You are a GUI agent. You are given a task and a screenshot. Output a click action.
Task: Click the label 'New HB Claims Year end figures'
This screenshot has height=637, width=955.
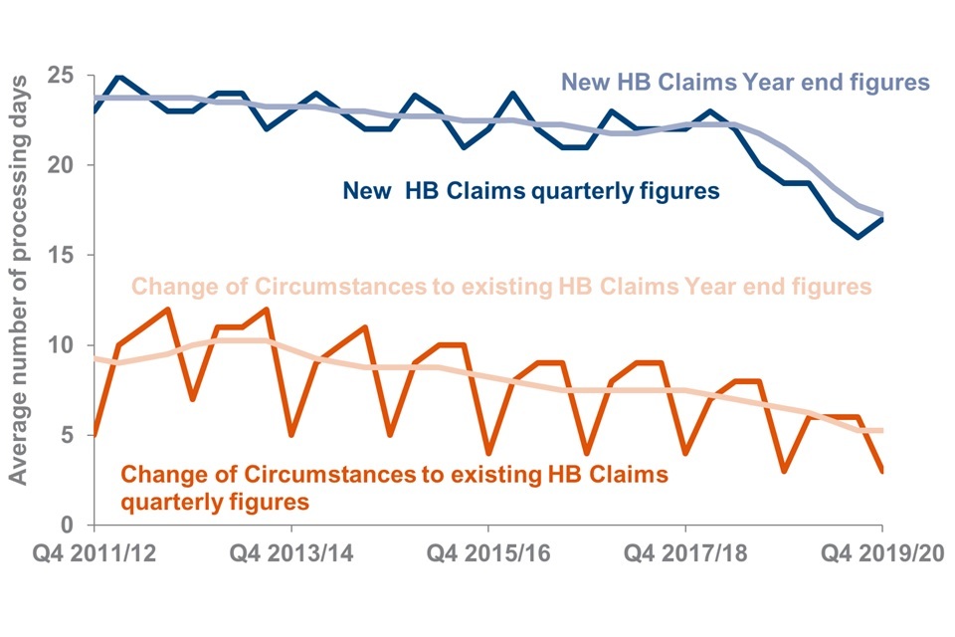point(745,81)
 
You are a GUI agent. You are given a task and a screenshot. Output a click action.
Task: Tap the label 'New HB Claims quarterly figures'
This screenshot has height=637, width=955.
point(530,191)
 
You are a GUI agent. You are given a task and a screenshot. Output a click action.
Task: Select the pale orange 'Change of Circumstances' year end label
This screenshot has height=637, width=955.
point(501,287)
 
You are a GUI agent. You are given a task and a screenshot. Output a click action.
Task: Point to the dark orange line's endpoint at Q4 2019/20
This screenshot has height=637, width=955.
point(882,471)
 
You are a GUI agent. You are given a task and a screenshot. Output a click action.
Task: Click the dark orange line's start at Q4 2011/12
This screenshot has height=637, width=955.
point(94,435)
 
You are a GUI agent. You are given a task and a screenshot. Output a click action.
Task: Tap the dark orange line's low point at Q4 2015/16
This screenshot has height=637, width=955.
point(488,453)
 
